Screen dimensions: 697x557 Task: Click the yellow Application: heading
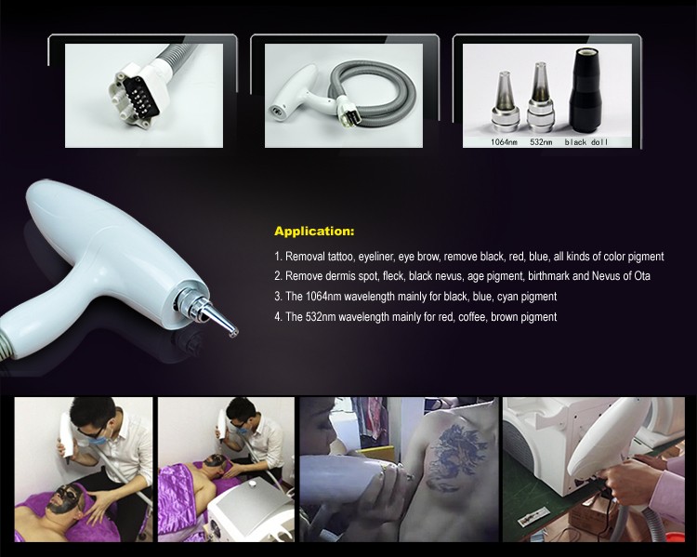[314, 232]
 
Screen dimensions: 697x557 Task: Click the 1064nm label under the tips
[504, 142]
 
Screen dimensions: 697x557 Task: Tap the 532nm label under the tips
[541, 142]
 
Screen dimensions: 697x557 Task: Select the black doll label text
[585, 142]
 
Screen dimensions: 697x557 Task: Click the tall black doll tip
[585, 91]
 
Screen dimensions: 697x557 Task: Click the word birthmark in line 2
[548, 276]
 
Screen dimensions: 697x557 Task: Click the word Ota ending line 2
[642, 276]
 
